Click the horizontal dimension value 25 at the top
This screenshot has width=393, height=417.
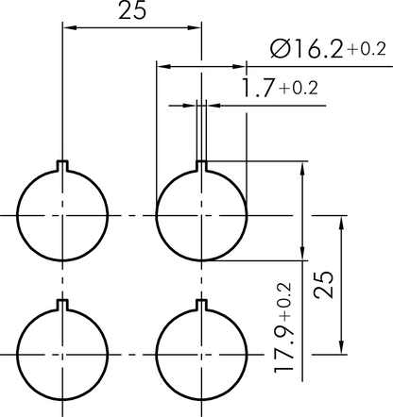coord(132,10)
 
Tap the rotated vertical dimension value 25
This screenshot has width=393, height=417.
coord(323,284)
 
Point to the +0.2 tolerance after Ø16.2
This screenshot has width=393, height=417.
coord(367,49)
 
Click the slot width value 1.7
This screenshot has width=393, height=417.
coord(258,88)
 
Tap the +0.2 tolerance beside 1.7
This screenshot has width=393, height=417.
coord(298,89)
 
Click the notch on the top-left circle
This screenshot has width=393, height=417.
coord(62,166)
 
